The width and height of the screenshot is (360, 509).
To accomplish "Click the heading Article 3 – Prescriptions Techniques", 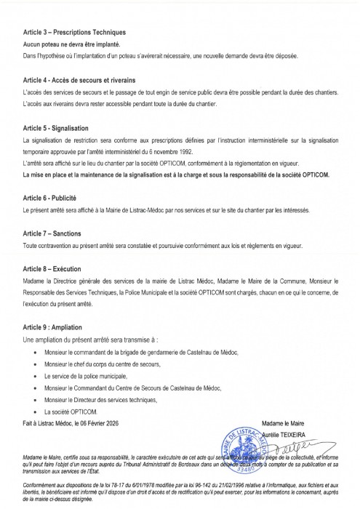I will click(x=74, y=33).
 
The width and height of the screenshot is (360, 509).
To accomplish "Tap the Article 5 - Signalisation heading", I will click(x=59, y=127).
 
